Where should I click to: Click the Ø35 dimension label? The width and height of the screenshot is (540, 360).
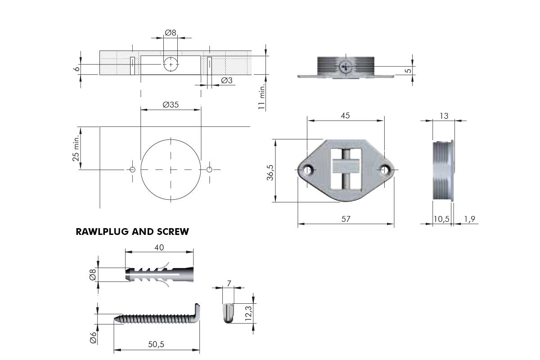point(171,105)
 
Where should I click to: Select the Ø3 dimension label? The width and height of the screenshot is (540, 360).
point(227,80)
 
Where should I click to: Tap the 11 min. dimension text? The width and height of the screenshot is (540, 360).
point(261,96)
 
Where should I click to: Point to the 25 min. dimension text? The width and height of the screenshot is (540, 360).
point(76,148)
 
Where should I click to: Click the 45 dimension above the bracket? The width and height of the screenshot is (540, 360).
point(345,116)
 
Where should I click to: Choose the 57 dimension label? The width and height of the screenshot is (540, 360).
point(346,219)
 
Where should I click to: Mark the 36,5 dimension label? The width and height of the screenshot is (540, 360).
point(270,173)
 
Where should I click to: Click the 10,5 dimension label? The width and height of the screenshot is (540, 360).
point(441,219)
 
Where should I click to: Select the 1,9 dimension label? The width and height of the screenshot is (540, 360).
point(470,219)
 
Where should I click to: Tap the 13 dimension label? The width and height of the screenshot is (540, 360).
point(444,116)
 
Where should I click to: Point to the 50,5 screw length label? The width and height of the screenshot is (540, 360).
point(156,344)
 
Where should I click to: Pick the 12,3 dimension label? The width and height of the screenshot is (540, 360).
point(248,313)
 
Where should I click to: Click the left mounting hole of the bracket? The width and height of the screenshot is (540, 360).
point(307,170)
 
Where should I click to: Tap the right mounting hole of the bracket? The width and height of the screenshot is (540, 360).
point(385,170)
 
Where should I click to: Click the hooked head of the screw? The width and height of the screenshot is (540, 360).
point(196,312)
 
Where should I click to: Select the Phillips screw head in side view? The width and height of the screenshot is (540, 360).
point(346,66)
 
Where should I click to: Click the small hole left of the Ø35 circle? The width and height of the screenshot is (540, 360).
point(132,170)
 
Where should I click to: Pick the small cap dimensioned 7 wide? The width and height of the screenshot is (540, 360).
point(228,314)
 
